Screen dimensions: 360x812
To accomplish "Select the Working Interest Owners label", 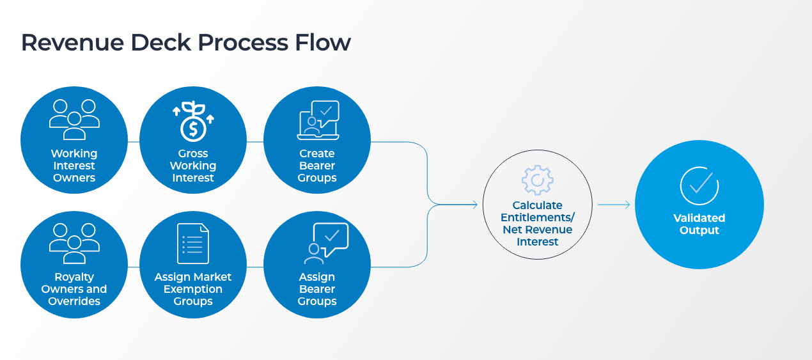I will [x=74, y=166].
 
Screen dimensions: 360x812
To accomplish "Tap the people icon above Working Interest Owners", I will [x=74, y=119].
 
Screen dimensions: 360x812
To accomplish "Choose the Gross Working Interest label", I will [x=192, y=166].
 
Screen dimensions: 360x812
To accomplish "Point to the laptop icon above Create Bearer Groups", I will [x=318, y=120].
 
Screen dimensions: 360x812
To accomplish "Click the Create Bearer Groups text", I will [x=317, y=166].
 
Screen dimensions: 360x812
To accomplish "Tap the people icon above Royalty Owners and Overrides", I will [x=74, y=243].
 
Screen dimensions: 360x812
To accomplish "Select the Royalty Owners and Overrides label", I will [x=74, y=289].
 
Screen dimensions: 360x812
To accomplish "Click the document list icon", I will [x=192, y=244].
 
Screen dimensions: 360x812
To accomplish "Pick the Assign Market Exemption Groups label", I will [x=192, y=289].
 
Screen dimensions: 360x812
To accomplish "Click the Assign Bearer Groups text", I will [x=317, y=289].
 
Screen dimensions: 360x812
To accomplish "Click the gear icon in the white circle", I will [x=537, y=180].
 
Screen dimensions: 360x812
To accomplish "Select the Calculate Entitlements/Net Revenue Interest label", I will [x=537, y=224].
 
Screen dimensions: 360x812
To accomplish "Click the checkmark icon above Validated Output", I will [x=699, y=185].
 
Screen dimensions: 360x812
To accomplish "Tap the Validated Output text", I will [x=699, y=224].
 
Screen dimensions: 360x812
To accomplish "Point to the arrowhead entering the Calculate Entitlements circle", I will [x=474, y=205].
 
